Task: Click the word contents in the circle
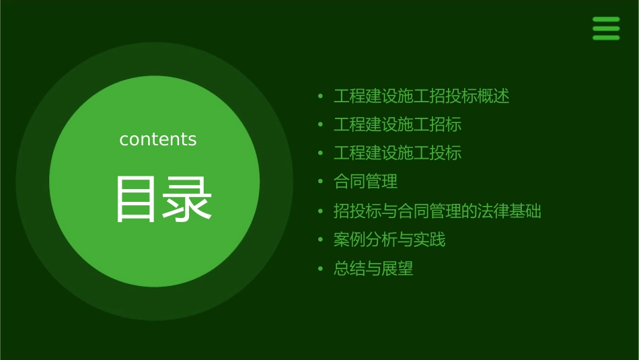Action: [x=158, y=139]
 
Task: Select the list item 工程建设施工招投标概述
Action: [x=421, y=96]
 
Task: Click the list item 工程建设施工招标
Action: [x=398, y=124]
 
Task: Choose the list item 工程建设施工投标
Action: [x=398, y=153]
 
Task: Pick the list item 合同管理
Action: [x=365, y=182]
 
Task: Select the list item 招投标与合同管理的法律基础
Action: [x=437, y=211]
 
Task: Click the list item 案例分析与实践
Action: [x=389, y=240]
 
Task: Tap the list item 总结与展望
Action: [x=373, y=269]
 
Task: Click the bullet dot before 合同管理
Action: [x=321, y=182]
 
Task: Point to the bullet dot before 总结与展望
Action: [x=321, y=269]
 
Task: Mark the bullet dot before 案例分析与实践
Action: [x=321, y=240]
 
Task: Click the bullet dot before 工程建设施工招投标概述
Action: [x=321, y=96]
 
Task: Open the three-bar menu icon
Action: [x=606, y=28]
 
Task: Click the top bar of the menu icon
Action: [x=606, y=20]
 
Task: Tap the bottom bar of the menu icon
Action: [x=606, y=38]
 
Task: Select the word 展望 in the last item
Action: [x=398, y=269]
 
